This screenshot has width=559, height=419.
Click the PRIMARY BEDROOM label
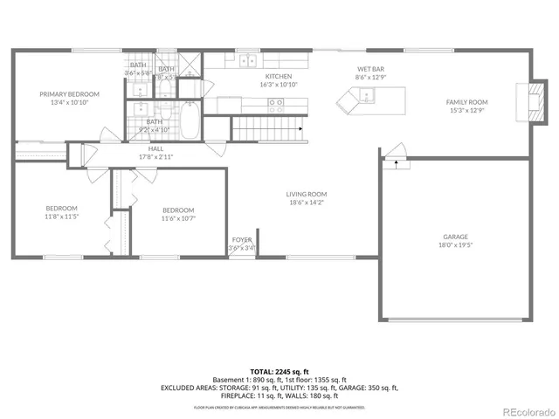click(x=69, y=93)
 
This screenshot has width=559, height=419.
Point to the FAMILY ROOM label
click(x=467, y=102)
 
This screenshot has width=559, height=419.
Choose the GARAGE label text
click(x=455, y=237)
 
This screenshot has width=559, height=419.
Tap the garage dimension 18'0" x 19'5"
click(x=455, y=245)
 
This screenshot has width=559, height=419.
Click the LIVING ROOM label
click(x=306, y=195)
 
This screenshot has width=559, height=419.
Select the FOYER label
click(x=242, y=239)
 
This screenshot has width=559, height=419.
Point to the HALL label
click(x=155, y=149)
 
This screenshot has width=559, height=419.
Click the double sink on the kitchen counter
click(x=247, y=61)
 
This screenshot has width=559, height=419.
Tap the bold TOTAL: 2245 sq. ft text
click(x=279, y=371)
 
